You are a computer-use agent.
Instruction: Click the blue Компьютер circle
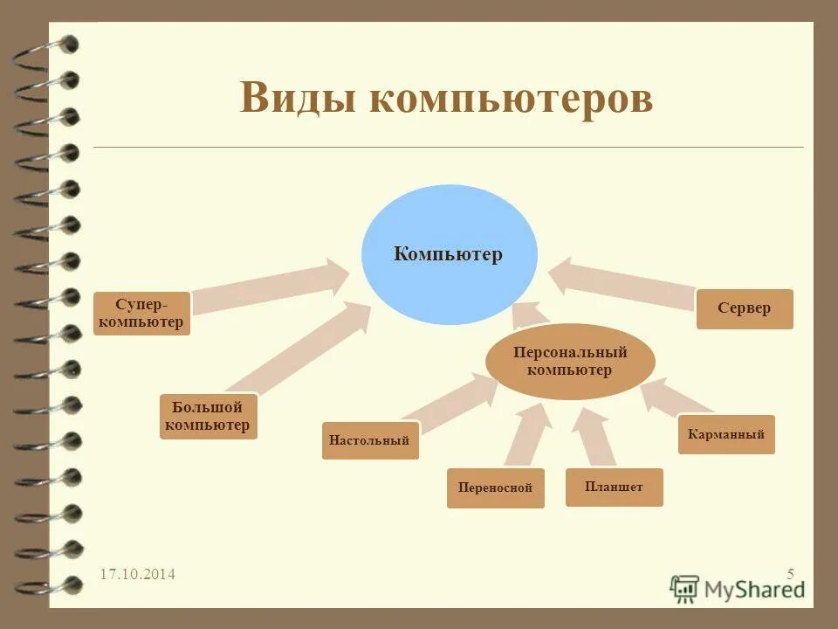coord(450,255)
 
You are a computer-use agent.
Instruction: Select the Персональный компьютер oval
coord(570,362)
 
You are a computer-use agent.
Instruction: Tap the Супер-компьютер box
coord(141,314)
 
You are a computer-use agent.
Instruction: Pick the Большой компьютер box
coord(209,417)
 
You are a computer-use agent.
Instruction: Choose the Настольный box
coord(370,440)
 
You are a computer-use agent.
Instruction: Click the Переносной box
coord(495,488)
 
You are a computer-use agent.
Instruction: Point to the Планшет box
coord(614,487)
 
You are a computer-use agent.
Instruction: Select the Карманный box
coord(726,434)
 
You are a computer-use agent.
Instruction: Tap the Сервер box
coord(745,308)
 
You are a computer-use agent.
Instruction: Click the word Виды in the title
coord(297,97)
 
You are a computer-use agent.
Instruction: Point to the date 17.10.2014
coord(137,574)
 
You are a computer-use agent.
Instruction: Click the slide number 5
coord(790,574)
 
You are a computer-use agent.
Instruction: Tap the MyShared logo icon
coord(685,588)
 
